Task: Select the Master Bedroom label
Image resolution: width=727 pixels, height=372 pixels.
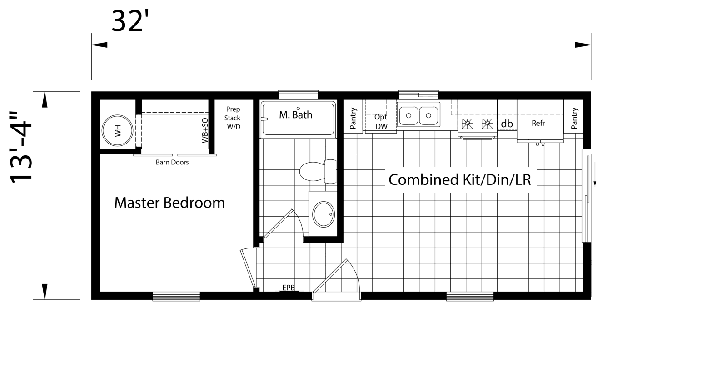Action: [x=169, y=203]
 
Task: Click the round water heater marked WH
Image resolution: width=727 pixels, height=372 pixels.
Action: [x=118, y=131]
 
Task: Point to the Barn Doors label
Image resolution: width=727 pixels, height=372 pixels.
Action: [x=172, y=162]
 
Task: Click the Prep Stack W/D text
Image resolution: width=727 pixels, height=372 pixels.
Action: [x=233, y=118]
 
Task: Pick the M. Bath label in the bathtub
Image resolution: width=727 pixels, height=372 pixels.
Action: [x=296, y=115]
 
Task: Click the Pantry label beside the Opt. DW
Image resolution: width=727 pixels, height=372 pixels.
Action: [x=354, y=118]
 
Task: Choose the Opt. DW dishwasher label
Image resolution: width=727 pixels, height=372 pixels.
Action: [x=382, y=122]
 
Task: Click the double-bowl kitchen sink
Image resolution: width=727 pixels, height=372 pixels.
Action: [x=418, y=115]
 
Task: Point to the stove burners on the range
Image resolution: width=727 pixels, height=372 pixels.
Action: [x=477, y=123]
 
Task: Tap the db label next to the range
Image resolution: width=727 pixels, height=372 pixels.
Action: [x=507, y=124]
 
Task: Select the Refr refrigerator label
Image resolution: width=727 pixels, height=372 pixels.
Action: [x=538, y=123]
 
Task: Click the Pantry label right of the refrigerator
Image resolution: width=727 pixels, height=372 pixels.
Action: [x=574, y=118]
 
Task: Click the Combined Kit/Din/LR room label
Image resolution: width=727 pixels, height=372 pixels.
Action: [x=460, y=180]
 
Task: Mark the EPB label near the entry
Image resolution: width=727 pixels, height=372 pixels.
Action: [x=289, y=288]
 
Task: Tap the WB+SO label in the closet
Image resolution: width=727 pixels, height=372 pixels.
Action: [x=205, y=130]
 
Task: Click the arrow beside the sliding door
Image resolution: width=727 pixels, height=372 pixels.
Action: [x=594, y=181]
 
